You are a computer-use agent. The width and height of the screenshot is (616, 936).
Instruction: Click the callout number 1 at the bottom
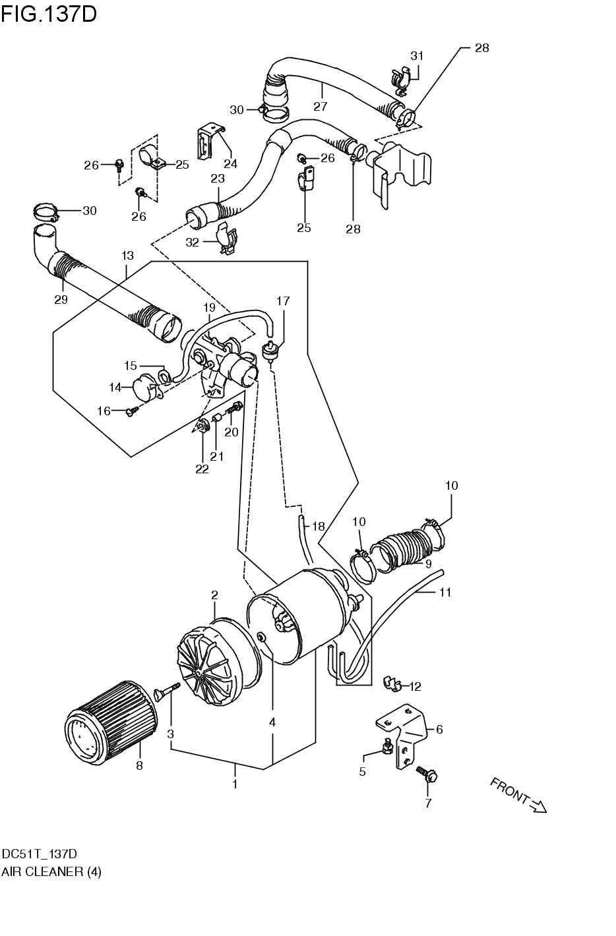tap(235, 784)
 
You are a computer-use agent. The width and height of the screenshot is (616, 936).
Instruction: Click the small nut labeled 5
tap(388, 746)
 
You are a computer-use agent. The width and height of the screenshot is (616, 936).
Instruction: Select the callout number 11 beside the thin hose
tap(445, 593)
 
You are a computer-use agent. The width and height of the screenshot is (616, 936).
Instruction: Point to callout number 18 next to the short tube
tap(319, 527)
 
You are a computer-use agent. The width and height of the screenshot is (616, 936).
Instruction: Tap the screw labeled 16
tap(131, 411)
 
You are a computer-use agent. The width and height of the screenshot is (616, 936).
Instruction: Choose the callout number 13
tap(127, 254)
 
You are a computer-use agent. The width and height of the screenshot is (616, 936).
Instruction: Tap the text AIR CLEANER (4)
tap(51, 871)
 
